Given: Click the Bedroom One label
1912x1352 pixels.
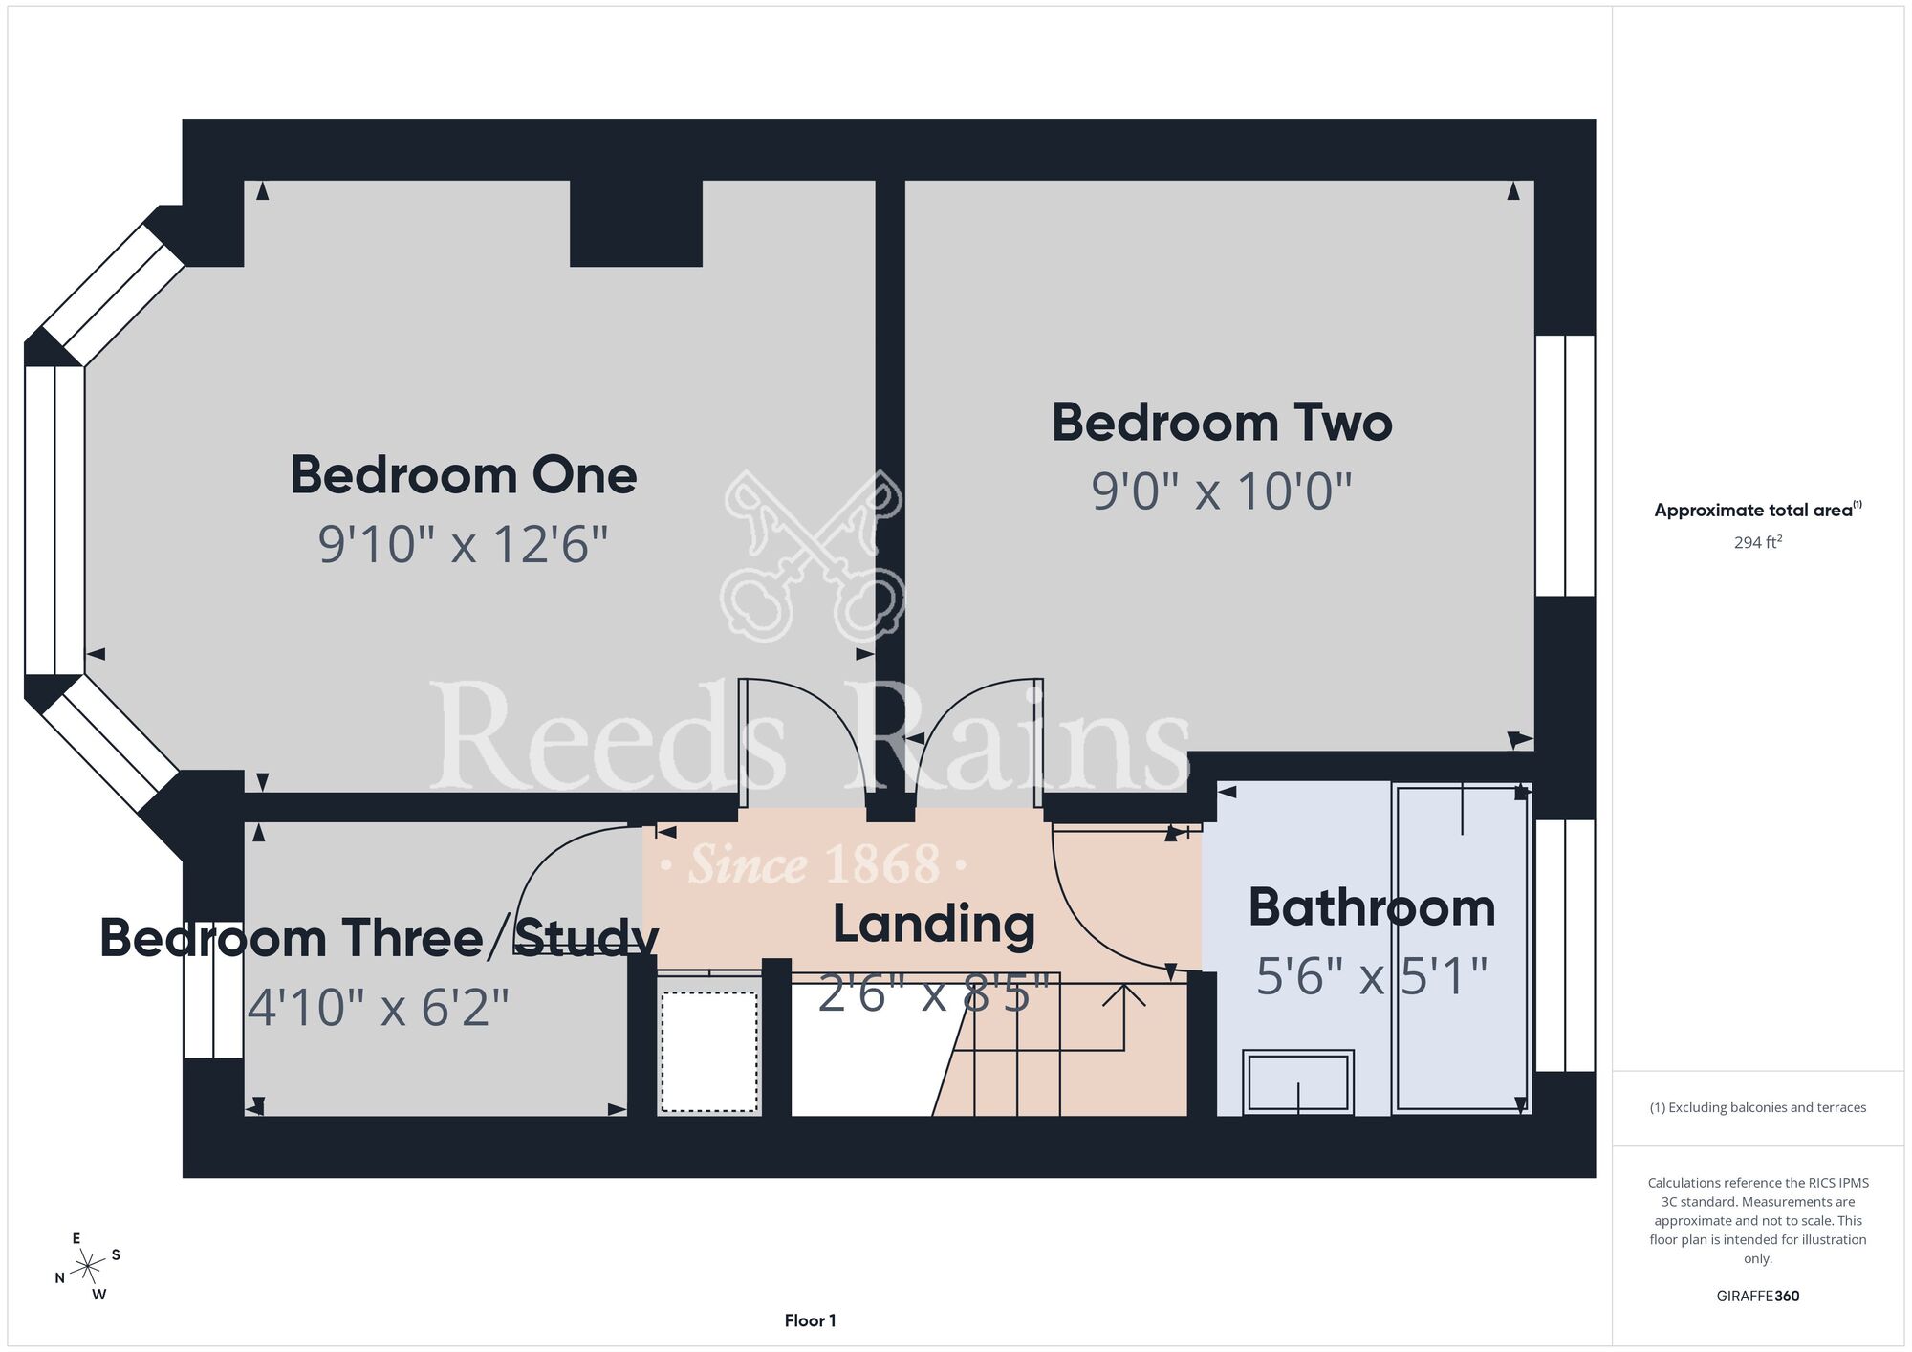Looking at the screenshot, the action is coord(464,475).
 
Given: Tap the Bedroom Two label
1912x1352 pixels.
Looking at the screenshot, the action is coord(1222,423).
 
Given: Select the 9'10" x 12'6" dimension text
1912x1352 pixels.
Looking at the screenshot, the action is coord(464,544).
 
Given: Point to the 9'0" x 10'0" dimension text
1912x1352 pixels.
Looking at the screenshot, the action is coord(1222,491).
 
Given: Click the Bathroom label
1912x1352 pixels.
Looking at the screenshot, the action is coord(1372,907).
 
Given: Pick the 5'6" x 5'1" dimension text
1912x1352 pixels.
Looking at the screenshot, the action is coord(1372,976).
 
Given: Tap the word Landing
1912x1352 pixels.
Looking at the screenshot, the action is coord(934,925).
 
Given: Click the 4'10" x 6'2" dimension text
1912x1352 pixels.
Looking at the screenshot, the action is coord(379,1007).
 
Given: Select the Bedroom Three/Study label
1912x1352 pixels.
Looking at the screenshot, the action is coord(380,938).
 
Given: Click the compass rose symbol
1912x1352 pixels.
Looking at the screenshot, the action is coord(88,1267).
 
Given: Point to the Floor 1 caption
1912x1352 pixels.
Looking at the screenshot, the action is coord(810,1320).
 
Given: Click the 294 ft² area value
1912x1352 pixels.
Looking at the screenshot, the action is coord(1757,542).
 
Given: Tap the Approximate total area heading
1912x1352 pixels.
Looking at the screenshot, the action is coord(1757,510).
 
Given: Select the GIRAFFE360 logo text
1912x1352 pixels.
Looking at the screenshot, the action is coord(1757,1297).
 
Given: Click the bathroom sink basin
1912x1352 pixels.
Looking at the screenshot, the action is coord(1298,1081).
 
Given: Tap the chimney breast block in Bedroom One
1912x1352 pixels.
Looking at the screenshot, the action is coord(636,223).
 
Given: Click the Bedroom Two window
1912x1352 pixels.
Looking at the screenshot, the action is coord(1565,466).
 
